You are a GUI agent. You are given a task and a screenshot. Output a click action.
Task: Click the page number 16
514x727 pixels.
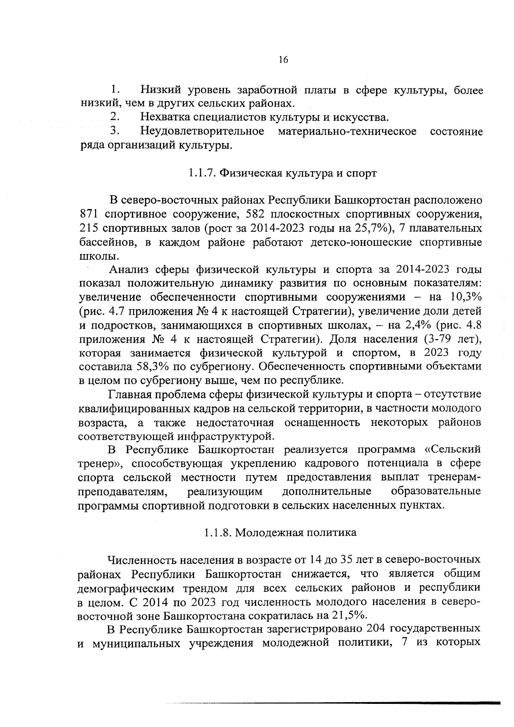point(283,60)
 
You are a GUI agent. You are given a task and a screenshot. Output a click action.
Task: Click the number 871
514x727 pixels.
point(90,214)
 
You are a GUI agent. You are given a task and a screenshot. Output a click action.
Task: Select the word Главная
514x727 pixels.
point(131,395)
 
